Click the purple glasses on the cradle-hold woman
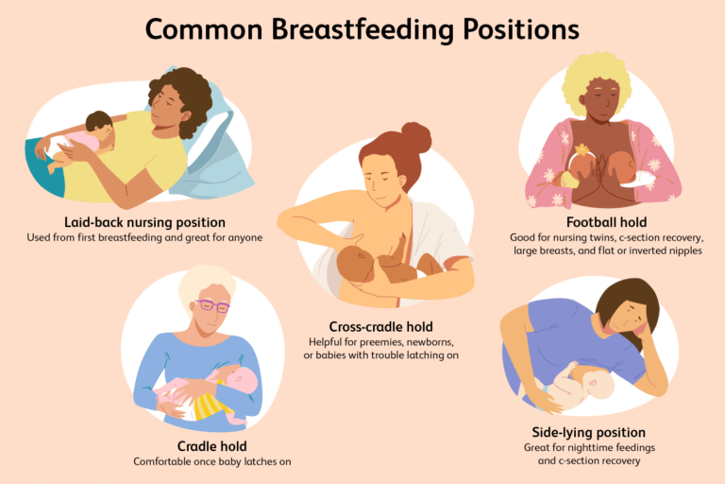(x=212, y=306)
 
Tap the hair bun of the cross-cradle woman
(x=415, y=136)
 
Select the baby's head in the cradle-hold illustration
(x=242, y=381)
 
